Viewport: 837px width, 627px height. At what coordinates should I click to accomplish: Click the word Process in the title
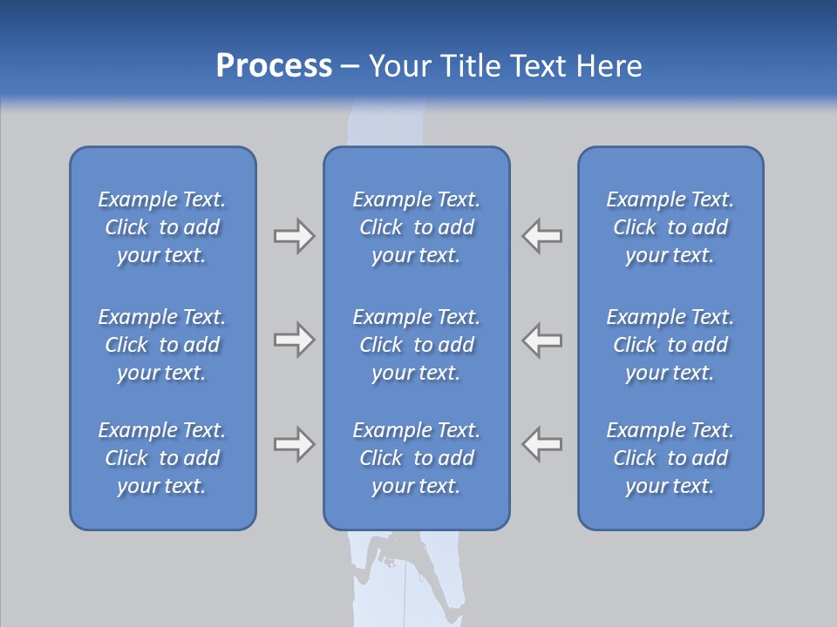tap(274, 66)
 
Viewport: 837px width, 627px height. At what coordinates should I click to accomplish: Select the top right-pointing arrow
tap(294, 236)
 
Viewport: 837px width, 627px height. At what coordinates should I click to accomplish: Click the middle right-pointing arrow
tap(294, 340)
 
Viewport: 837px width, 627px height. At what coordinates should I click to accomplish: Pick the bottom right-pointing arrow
tap(294, 444)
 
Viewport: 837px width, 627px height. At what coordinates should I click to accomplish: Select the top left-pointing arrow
tap(542, 236)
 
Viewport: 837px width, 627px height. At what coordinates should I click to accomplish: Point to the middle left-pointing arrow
tap(542, 340)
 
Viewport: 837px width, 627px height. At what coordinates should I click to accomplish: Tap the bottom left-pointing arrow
tap(542, 444)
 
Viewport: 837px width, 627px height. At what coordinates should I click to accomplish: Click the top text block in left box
tap(162, 227)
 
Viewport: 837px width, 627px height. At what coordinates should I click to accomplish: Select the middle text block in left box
tap(162, 345)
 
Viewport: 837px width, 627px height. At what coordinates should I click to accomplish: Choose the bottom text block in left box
tap(162, 458)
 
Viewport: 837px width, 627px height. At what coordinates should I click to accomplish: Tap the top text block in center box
tap(417, 227)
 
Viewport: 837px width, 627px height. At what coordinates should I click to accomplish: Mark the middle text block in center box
tap(417, 345)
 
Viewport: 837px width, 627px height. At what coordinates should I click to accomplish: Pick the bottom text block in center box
tap(417, 458)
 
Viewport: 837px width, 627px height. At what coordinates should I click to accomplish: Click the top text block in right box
tap(670, 227)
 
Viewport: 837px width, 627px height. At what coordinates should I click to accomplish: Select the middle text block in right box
tap(670, 345)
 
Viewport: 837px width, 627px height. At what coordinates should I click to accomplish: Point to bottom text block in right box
tap(670, 458)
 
